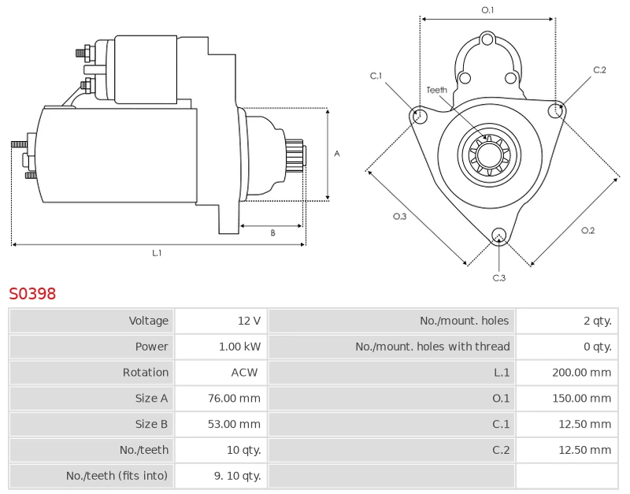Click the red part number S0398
click(32, 294)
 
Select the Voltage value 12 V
click(249, 321)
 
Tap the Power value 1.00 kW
click(239, 347)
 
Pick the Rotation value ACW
click(244, 372)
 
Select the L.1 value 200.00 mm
click(581, 372)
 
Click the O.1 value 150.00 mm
click(581, 398)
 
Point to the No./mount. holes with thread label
click(432, 347)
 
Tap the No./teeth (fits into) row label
click(117, 476)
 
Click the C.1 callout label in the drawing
click(376, 76)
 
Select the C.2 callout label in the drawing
click(599, 70)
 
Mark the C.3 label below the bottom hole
click(498, 277)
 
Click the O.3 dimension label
click(399, 217)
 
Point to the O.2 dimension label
click(587, 230)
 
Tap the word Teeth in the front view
click(436, 90)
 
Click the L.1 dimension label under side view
click(157, 253)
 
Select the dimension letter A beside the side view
click(336, 154)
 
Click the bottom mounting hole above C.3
click(498, 234)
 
